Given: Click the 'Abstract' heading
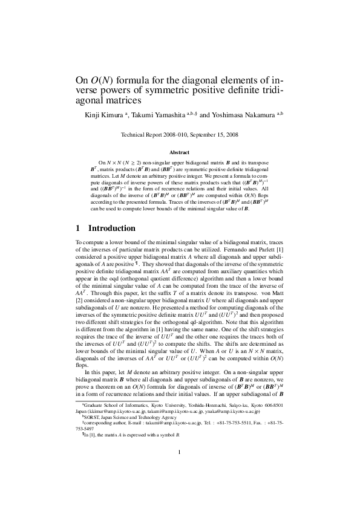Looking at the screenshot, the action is click(x=180, y=153).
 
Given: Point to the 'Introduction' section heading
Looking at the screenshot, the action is click(x=112, y=229).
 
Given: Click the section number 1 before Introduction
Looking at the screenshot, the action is click(x=77, y=229).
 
